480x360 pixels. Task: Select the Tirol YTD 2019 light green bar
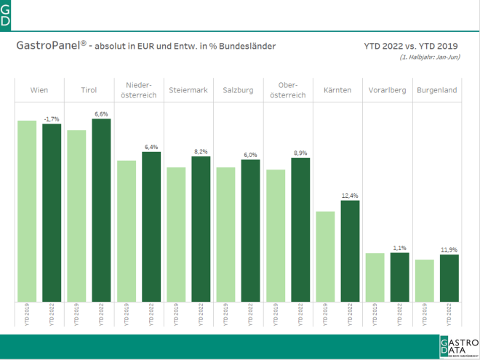coord(76,216)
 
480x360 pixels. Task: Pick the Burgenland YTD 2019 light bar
coord(425,281)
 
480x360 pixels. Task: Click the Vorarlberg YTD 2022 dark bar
coord(400,277)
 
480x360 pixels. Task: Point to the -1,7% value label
coord(52,119)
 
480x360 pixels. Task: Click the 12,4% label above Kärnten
coord(351,196)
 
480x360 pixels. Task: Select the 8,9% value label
coord(300,153)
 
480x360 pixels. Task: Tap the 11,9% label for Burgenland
coord(449,249)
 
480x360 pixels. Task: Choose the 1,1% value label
coord(400,248)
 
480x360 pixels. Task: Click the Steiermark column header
coord(188,90)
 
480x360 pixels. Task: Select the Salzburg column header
coord(238,90)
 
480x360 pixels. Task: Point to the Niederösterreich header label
coord(138,90)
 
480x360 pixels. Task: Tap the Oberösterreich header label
coord(288,90)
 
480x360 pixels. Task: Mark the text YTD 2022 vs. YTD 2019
coord(412,46)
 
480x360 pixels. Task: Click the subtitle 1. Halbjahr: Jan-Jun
coord(429,57)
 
